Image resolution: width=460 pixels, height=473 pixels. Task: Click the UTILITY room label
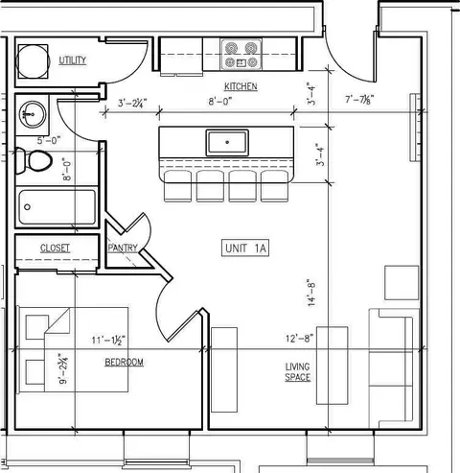pos(73,60)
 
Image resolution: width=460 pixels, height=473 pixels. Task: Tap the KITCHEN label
pos(241,86)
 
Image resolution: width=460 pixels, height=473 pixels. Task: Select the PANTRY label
pos(123,248)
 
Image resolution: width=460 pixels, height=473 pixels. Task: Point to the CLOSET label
pos(55,248)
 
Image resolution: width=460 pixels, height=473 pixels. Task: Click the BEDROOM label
pos(124,362)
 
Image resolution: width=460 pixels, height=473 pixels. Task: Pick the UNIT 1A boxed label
pos(245,248)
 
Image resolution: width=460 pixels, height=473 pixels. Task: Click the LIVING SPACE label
pos(298,372)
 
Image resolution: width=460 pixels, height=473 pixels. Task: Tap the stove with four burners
pos(241,55)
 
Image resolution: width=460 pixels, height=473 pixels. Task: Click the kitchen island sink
pos(227,143)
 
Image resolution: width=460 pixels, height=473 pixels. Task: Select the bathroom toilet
pos(34,161)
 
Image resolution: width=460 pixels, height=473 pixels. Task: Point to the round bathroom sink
pos(33,114)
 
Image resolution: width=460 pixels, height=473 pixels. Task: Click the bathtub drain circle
pos(28,207)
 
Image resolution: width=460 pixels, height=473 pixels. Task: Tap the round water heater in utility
pos(33,61)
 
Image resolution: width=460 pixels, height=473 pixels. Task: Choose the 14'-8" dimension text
pos(311,294)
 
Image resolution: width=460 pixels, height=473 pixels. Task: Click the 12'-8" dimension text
pos(299,339)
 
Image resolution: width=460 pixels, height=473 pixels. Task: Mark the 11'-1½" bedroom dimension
pos(108,340)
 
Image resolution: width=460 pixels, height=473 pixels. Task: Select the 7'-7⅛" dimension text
pos(359,100)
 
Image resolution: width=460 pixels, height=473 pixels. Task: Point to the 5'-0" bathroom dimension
pos(49,140)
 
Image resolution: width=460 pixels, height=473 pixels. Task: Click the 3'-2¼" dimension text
pos(132,103)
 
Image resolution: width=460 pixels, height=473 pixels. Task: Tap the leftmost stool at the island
pos(177,186)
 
